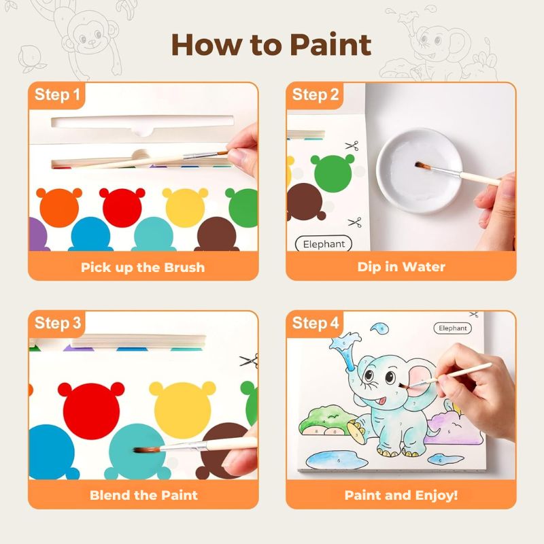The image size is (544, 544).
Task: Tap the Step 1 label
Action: (57, 95)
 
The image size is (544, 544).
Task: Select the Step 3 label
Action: (57, 323)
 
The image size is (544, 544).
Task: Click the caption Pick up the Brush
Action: (143, 267)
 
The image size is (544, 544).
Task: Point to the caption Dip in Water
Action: (401, 267)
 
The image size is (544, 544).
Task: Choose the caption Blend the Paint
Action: (143, 495)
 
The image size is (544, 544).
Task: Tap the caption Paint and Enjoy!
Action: (401, 495)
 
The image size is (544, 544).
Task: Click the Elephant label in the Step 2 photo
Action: (324, 244)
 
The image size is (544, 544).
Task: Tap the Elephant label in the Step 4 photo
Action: (453, 328)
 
